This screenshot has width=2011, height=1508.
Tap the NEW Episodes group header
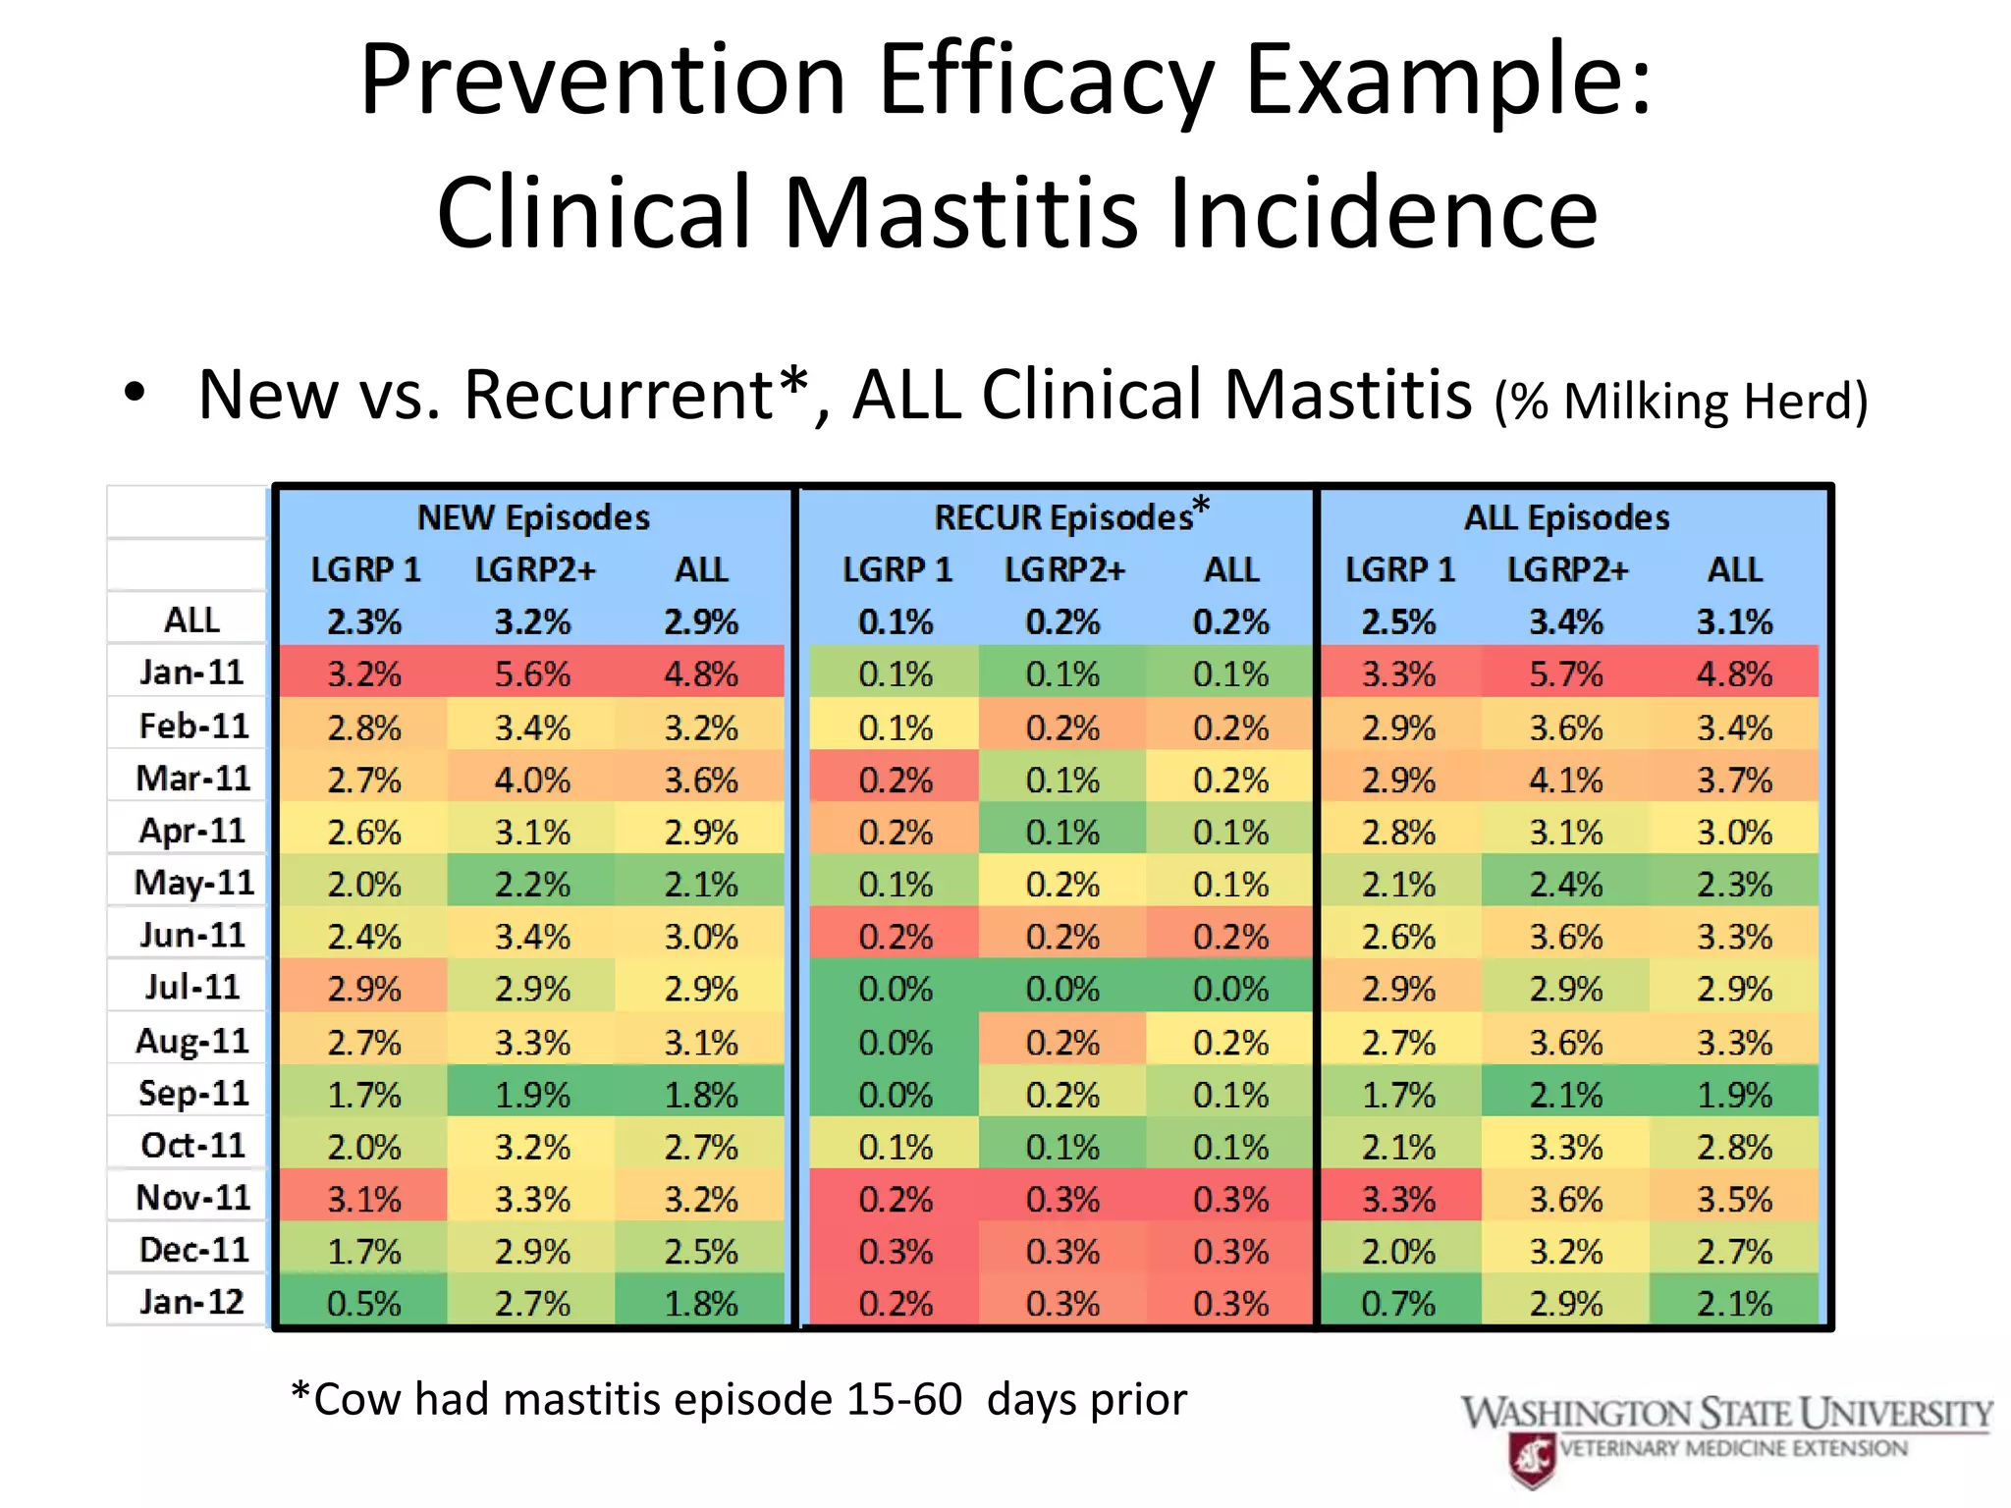pyautogui.click(x=533, y=517)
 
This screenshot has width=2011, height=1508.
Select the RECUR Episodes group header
pyautogui.click(x=1063, y=517)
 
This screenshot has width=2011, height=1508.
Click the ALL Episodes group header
pyautogui.click(x=1566, y=517)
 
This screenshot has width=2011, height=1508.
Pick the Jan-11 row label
pyautogui.click(x=190, y=673)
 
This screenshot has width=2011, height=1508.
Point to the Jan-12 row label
pyautogui.click(x=190, y=1302)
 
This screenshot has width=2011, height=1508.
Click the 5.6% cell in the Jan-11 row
pyautogui.click(x=532, y=674)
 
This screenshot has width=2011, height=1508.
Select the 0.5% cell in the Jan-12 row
pyautogui.click(x=363, y=1304)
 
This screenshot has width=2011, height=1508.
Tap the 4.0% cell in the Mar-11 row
pyautogui.click(x=532, y=781)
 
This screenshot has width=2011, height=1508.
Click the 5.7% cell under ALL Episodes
pyautogui.click(x=1566, y=674)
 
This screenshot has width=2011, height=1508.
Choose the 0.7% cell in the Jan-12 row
pyautogui.click(x=1398, y=1304)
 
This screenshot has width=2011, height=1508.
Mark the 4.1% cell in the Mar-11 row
pyautogui.click(x=1566, y=781)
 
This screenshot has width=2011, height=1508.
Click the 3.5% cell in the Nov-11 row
pyautogui.click(x=1734, y=1200)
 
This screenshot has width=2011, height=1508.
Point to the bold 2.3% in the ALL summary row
pyautogui.click(x=363, y=622)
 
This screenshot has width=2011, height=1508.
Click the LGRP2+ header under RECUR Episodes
pyautogui.click(x=1063, y=569)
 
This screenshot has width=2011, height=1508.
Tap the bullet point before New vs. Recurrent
pyautogui.click(x=135, y=394)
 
